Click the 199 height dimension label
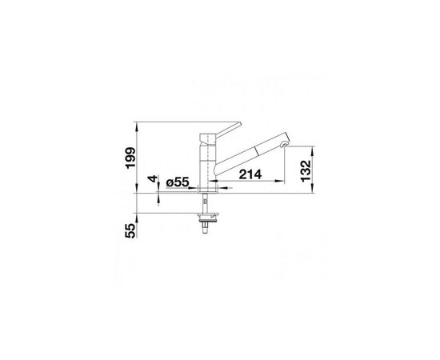[x=130, y=158]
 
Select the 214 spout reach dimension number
[x=250, y=174]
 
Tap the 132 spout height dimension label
[x=306, y=171]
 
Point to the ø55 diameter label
[x=178, y=182]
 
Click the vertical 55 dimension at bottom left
[x=130, y=230]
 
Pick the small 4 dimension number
[x=153, y=178]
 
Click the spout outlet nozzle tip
[x=284, y=145]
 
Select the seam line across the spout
[x=256, y=150]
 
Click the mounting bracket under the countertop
[x=208, y=216]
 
